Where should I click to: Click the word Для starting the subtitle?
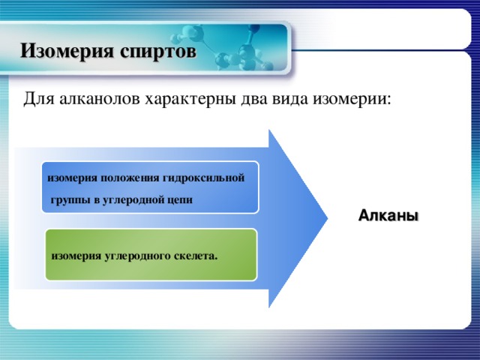point(37,99)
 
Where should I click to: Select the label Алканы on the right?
point(388,216)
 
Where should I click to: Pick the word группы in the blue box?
point(69,200)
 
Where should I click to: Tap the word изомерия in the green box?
point(76,256)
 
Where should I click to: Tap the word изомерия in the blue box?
point(71,178)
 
